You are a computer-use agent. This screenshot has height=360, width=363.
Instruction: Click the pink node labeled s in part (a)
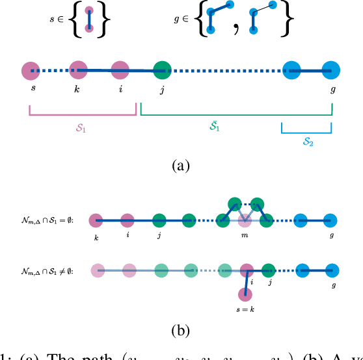(x=29, y=70)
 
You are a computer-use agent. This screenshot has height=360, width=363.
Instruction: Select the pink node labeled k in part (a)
(x=78, y=69)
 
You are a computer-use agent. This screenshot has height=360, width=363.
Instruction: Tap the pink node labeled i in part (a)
(x=120, y=70)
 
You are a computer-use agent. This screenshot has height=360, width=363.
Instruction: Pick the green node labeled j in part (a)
(x=162, y=70)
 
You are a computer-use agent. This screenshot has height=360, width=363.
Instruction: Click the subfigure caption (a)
(x=180, y=166)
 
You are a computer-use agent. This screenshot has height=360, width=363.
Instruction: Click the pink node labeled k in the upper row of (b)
(x=96, y=221)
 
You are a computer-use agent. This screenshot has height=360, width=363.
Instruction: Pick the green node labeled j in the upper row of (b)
(x=159, y=221)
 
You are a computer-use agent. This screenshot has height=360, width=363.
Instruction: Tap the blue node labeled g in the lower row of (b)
(x=332, y=269)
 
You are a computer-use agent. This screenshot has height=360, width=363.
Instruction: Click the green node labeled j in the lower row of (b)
(x=268, y=269)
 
